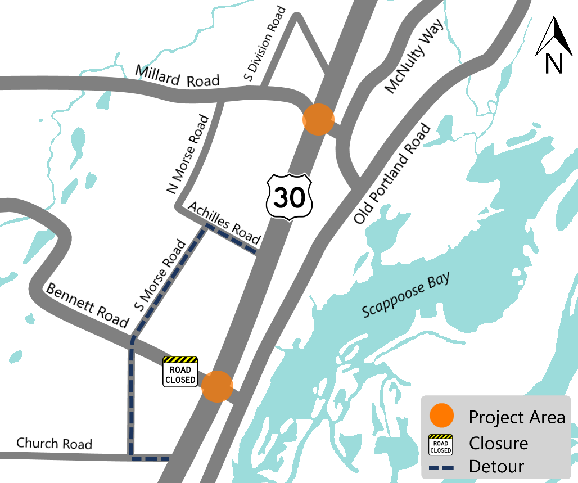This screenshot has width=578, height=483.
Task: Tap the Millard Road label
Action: click(177, 76)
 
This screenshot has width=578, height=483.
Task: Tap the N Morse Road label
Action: click(188, 154)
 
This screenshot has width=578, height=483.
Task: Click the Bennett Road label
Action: click(87, 305)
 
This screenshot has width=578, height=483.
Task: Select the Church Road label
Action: click(54, 443)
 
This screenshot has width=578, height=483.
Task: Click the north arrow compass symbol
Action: click(554, 45)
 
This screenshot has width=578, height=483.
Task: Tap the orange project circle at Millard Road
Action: click(319, 119)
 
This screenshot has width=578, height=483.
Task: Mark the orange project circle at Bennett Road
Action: click(217, 386)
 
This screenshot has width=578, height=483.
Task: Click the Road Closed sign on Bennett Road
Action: click(180, 372)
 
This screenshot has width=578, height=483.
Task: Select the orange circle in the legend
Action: click(441, 416)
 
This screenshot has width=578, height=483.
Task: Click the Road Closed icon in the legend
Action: click(441, 444)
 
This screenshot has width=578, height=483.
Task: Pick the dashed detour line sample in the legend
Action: click(441, 467)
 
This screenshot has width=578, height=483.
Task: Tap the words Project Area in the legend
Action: click(517, 417)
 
